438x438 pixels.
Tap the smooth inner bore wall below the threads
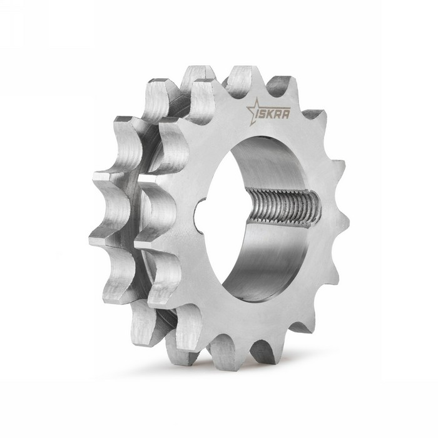point(275,263)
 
